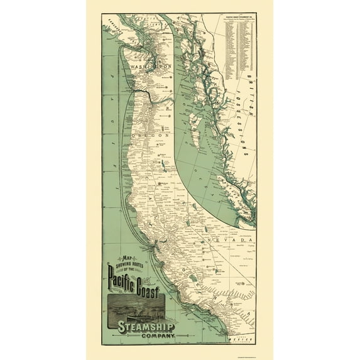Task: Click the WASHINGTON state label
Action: (x=151, y=65)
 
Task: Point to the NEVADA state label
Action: (x=237, y=241)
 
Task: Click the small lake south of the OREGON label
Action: (x=164, y=165)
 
